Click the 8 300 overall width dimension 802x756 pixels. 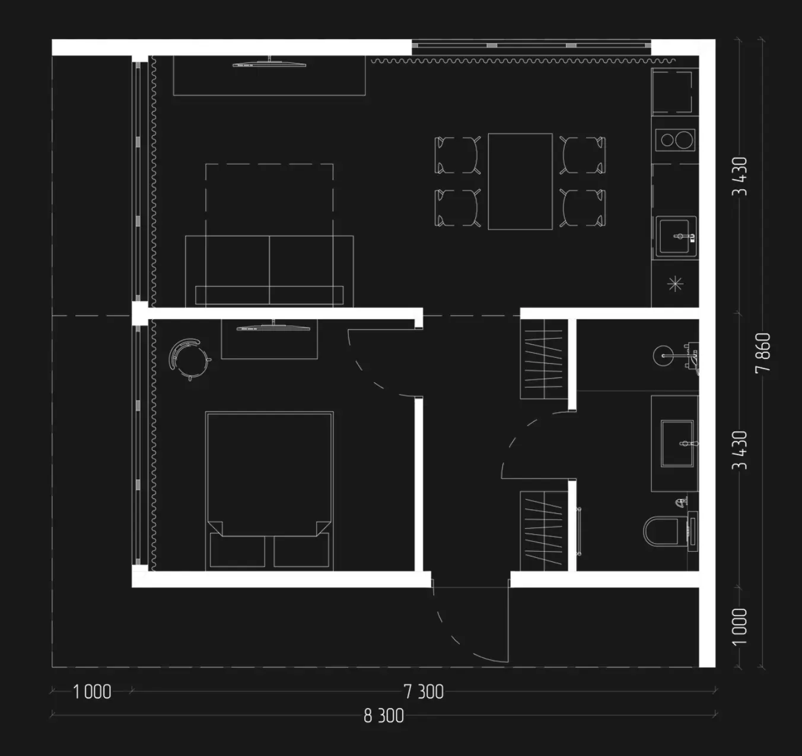[x=384, y=716]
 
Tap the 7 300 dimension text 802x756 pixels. [x=424, y=691]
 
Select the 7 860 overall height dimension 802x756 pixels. [x=763, y=352]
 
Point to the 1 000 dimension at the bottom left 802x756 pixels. [x=92, y=691]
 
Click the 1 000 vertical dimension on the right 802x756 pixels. [x=739, y=627]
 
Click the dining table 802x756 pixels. [x=520, y=182]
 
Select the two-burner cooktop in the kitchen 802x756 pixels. [x=675, y=140]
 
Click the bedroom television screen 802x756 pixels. [x=273, y=328]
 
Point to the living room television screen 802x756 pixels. [x=269, y=64]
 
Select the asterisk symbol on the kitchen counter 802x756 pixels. [x=675, y=284]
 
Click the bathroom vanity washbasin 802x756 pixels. [x=677, y=443]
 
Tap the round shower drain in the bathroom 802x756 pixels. [x=663, y=355]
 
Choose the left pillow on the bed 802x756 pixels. [x=237, y=550]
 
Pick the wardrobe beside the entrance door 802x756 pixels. [x=543, y=531]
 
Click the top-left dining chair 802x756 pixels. [x=457, y=155]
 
